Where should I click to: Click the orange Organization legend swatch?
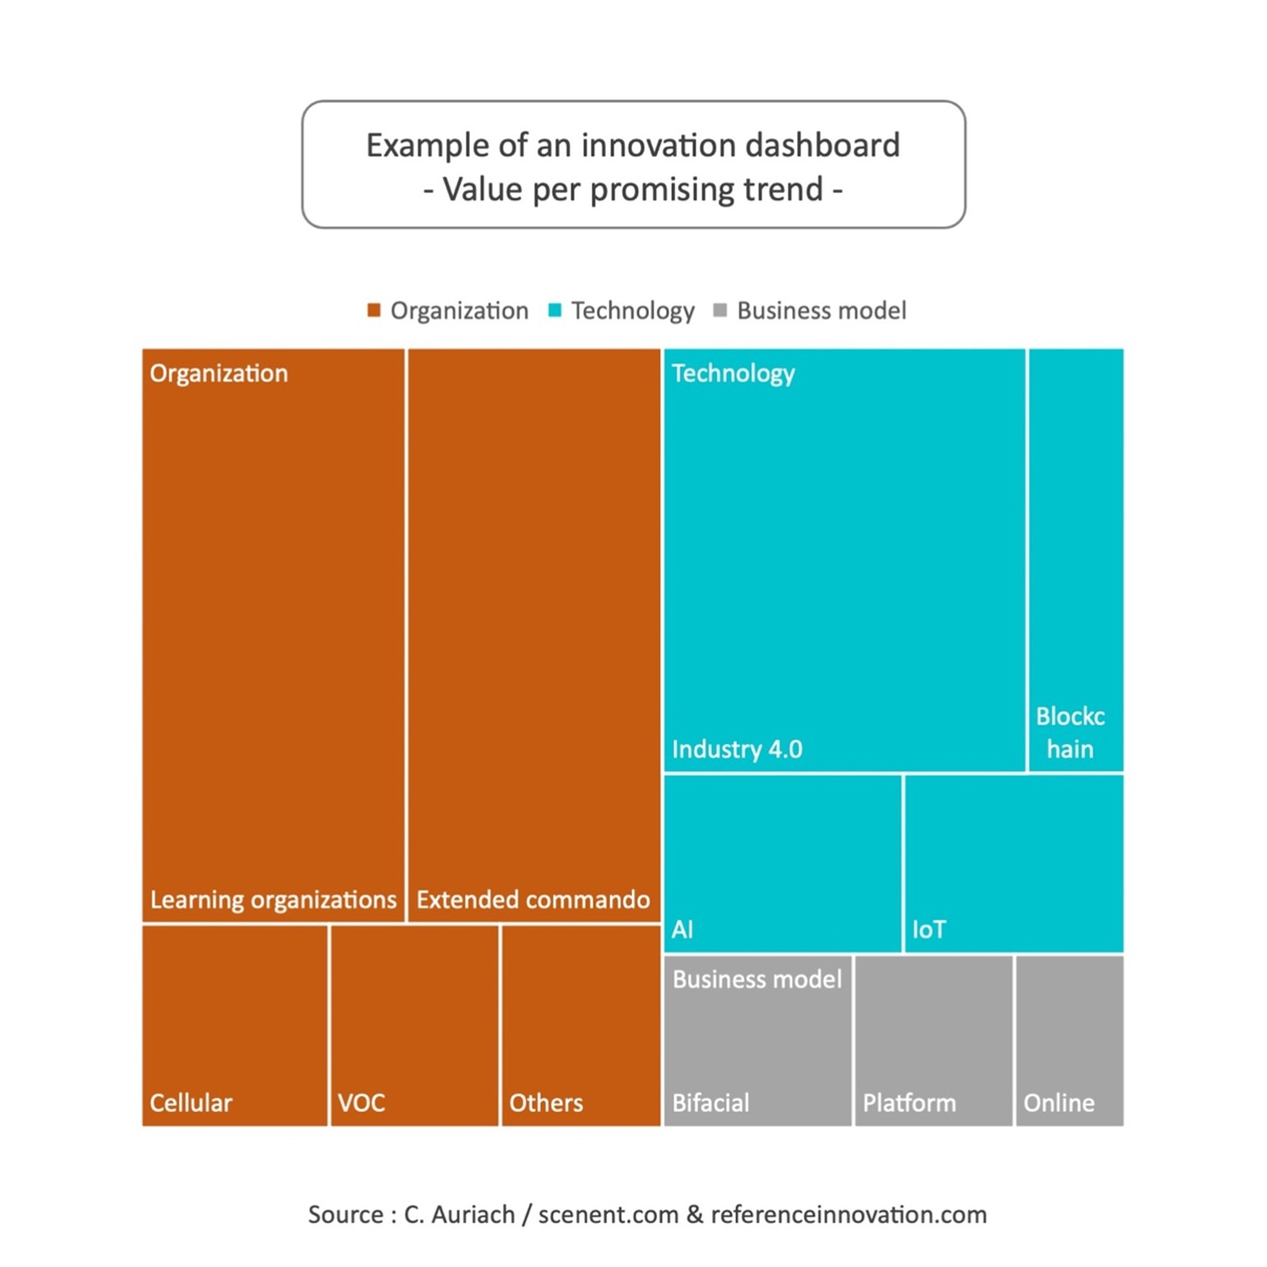(374, 311)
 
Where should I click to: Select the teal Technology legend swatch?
(555, 311)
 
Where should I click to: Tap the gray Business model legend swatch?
(720, 311)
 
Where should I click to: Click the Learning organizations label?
(273, 900)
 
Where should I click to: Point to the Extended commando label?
(533, 900)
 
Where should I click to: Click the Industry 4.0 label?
(737, 749)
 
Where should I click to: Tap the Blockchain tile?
(1076, 560)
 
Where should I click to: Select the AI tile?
(782, 864)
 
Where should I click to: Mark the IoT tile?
(1014, 864)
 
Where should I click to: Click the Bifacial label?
(711, 1103)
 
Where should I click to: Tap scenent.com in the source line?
(609, 1214)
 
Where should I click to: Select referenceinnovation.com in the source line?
(849, 1214)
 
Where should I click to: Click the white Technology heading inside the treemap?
(734, 374)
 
